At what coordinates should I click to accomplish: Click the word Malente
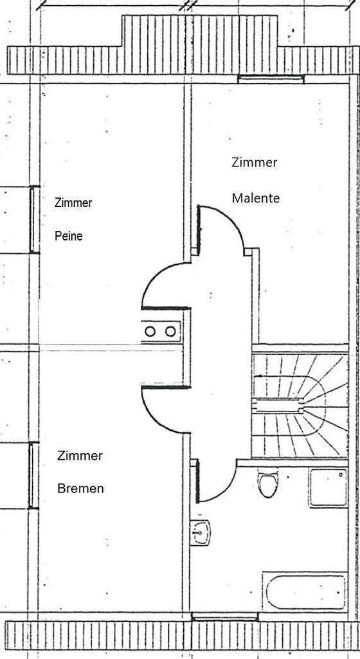(x=256, y=198)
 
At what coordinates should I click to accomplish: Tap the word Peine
(x=69, y=236)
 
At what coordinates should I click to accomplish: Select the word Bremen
(x=80, y=489)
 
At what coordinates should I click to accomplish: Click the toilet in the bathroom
(x=268, y=483)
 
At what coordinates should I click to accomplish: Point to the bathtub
(x=305, y=591)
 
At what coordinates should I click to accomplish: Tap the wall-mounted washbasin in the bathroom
(x=200, y=532)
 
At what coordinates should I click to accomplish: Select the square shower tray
(x=328, y=487)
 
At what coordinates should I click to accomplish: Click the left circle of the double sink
(x=150, y=332)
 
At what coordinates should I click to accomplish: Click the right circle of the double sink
(x=170, y=332)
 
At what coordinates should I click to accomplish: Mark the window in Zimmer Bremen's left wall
(x=33, y=475)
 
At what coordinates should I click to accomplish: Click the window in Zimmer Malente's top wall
(x=271, y=79)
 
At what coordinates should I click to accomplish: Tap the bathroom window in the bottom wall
(x=225, y=617)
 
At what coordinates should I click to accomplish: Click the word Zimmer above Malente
(x=255, y=162)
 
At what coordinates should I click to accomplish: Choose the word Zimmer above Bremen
(x=80, y=456)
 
